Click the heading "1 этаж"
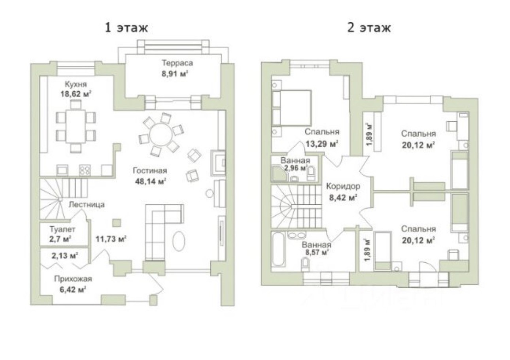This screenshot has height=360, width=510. coord(127,28)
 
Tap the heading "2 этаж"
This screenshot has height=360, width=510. coord(369,28)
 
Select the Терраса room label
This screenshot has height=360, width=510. coord(177,63)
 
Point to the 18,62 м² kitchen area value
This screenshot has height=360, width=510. coord(76,94)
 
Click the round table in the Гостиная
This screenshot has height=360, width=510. coord(161,135)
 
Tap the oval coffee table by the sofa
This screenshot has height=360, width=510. coord(179,241)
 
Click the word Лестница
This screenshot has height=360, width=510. coord(87,205)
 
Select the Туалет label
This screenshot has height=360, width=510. coord(62,229)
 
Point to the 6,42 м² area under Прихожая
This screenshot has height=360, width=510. coord(73,290)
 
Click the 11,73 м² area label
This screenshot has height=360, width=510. coord(111,239)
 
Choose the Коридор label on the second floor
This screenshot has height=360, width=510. coord(343,187)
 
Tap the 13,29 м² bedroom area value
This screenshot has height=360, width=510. coord(321,144)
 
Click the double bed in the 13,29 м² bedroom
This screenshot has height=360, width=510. coord(291,108)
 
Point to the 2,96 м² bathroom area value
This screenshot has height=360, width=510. coord(295,168)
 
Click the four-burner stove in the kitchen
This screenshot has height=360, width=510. coord(85,170)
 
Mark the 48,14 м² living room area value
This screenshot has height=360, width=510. coord(150,181)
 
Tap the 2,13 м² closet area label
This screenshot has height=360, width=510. coord(65,256)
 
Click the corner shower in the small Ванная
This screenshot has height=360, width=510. coord(279,174)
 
